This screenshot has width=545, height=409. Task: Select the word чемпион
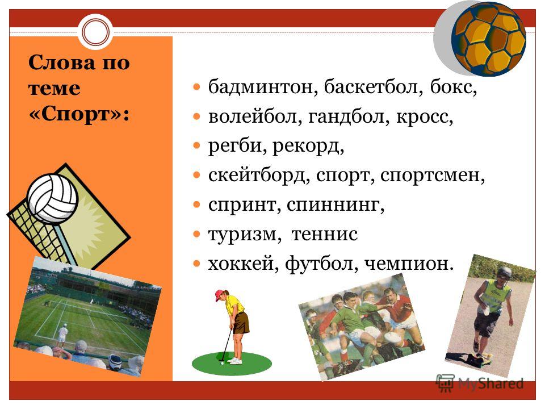coord(409,264)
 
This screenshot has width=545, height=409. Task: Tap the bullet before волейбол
coord(197,116)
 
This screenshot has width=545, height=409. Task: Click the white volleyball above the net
coord(52,199)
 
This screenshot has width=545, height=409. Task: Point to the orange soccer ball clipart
coord(488,39)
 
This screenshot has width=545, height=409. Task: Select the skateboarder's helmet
coord(504,272)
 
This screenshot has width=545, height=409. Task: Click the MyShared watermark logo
coord(480,383)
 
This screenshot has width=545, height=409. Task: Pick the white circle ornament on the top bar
coord(95,32)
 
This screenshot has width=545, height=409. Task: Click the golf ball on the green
coord(222,363)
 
